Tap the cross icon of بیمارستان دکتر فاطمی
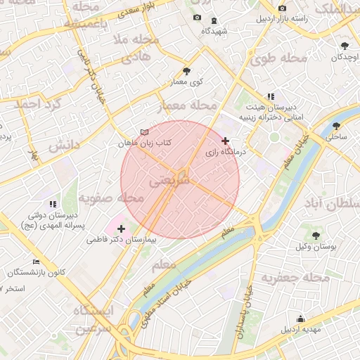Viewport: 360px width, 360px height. click(x=122, y=229)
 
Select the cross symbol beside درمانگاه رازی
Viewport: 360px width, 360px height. click(x=225, y=141)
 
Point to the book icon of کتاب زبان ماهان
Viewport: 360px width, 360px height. click(x=145, y=132)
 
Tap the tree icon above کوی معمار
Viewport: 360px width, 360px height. click(x=186, y=71)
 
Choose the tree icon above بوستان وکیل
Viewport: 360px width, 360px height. click(x=315, y=236)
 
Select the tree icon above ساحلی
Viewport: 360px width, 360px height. click(x=335, y=128)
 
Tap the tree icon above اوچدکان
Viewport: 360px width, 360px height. click(x=345, y=46)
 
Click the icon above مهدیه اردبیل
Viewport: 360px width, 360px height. click(x=301, y=319)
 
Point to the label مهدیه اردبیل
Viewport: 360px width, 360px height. click(x=301, y=329)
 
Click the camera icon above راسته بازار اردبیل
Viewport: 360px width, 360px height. click(x=282, y=8)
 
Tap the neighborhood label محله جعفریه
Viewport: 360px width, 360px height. click(x=296, y=278)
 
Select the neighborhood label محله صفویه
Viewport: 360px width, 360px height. click(x=110, y=198)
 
